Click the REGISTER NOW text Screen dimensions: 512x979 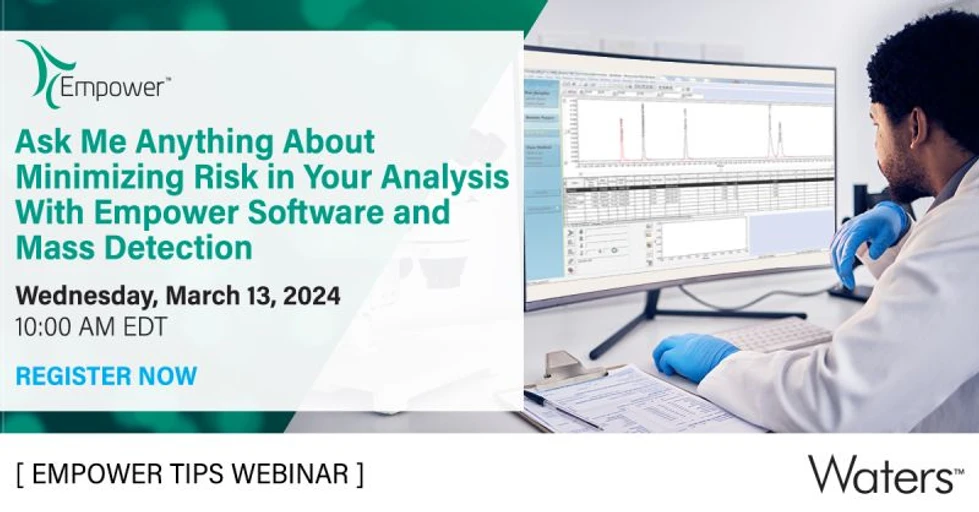tap(106, 376)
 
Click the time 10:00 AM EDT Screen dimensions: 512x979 tap(91, 326)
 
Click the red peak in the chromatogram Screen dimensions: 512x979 tap(621, 138)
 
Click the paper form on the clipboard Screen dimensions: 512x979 tap(640, 395)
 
